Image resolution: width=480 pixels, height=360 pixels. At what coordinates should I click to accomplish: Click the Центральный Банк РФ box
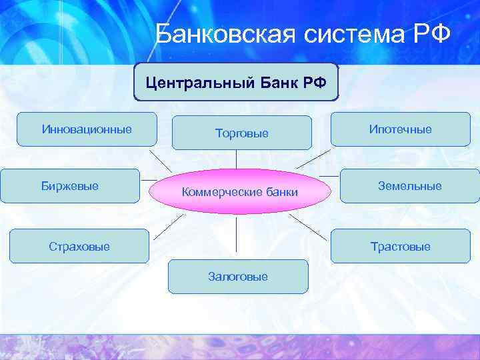(x=236, y=83)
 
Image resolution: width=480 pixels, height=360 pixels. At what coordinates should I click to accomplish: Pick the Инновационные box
(x=87, y=129)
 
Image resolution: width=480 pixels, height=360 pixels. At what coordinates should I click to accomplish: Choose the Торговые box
(x=241, y=133)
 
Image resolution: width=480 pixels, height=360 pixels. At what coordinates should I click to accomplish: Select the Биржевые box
(x=69, y=186)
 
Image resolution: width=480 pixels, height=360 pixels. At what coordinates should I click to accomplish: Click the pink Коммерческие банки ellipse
(x=239, y=192)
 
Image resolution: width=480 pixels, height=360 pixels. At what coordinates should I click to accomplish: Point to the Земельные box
(x=409, y=186)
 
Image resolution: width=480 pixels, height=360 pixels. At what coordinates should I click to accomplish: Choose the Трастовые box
(x=401, y=247)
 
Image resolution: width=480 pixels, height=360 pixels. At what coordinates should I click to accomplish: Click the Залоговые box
(x=238, y=277)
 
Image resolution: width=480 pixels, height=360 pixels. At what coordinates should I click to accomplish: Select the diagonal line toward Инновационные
(x=159, y=161)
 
